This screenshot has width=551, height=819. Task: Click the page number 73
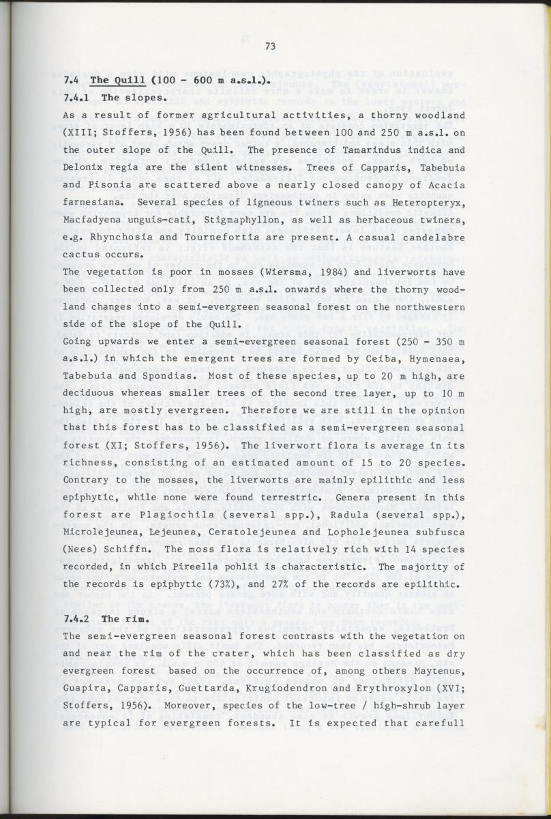pyautogui.click(x=270, y=46)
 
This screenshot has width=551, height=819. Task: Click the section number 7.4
pyautogui.click(x=72, y=81)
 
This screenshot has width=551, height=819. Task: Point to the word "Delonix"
pyautogui.click(x=82, y=167)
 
